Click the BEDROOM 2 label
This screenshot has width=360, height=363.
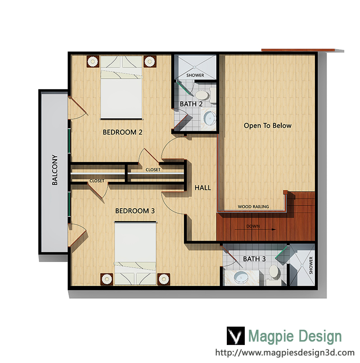tap(122, 132)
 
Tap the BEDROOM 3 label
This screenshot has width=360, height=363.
tap(135, 211)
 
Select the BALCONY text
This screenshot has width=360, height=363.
tap(54, 170)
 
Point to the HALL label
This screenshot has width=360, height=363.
tap(202, 188)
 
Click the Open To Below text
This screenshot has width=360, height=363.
tap(268, 125)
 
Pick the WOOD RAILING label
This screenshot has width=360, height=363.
tap(253, 206)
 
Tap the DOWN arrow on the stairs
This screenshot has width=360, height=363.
tap(255, 229)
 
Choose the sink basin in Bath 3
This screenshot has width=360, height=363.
tap(241, 277)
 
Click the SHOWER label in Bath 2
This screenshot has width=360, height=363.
tap(195, 75)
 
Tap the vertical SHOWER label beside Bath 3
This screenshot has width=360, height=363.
tap(311, 265)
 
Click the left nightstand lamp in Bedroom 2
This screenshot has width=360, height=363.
tap(93, 61)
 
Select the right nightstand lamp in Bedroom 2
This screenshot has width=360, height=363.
tap(150, 61)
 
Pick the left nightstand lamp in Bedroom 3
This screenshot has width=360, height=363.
tap(107, 279)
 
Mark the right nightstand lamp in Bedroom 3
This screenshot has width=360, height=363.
tap(164, 279)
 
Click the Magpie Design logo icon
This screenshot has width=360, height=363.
tap(236, 336)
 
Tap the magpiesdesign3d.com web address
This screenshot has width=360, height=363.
tap(285, 353)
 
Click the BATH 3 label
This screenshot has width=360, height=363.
tap(254, 259)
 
